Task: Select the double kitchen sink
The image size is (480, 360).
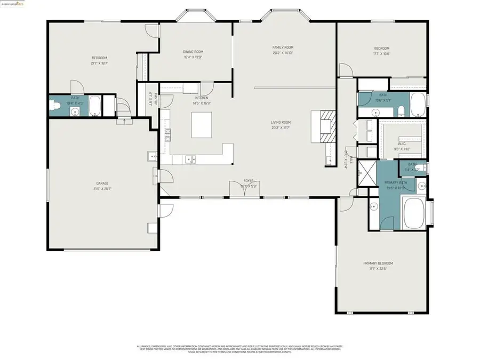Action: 190,158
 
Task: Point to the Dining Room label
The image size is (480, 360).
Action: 193,51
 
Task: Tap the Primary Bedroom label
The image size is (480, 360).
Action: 378,263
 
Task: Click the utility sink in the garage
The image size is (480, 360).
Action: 151,156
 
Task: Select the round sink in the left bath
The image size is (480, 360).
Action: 75,111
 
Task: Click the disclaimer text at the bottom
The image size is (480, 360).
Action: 240,348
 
